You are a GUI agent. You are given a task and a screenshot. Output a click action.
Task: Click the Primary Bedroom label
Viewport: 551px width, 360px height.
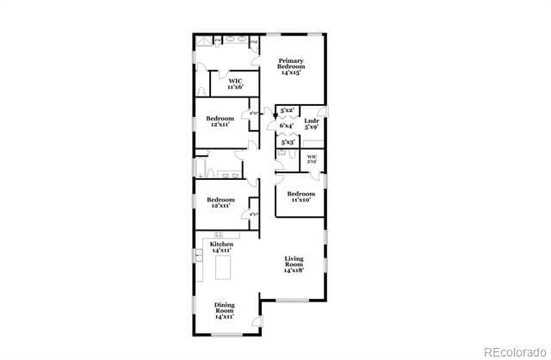(x=290, y=65)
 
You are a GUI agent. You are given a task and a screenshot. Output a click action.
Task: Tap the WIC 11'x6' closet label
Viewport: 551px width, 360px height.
(x=235, y=84)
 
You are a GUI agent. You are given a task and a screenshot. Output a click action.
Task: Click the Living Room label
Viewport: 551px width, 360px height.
(x=295, y=264)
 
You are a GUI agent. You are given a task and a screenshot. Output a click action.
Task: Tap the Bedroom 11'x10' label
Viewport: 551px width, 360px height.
(x=300, y=197)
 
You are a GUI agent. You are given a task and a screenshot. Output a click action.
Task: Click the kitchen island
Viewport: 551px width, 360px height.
(x=223, y=270)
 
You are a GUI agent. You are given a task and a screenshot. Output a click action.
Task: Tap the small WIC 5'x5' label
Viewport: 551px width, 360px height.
(x=313, y=158)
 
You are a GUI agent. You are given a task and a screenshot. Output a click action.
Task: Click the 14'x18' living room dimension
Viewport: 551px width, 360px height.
(x=295, y=270)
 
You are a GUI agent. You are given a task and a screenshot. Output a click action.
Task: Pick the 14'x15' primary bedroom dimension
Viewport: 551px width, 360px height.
(x=290, y=74)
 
